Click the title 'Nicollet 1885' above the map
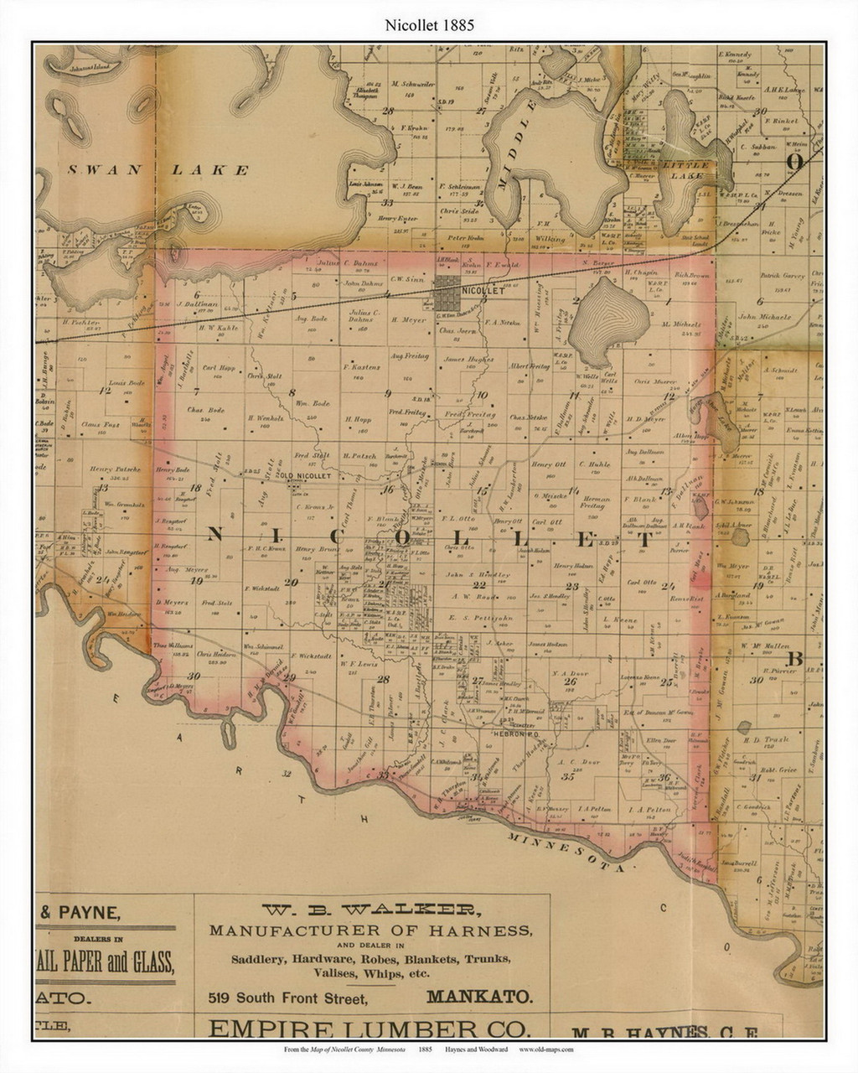[429, 25]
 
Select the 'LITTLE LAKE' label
[685, 166]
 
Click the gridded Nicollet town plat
[446, 288]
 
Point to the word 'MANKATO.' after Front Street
[478, 998]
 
